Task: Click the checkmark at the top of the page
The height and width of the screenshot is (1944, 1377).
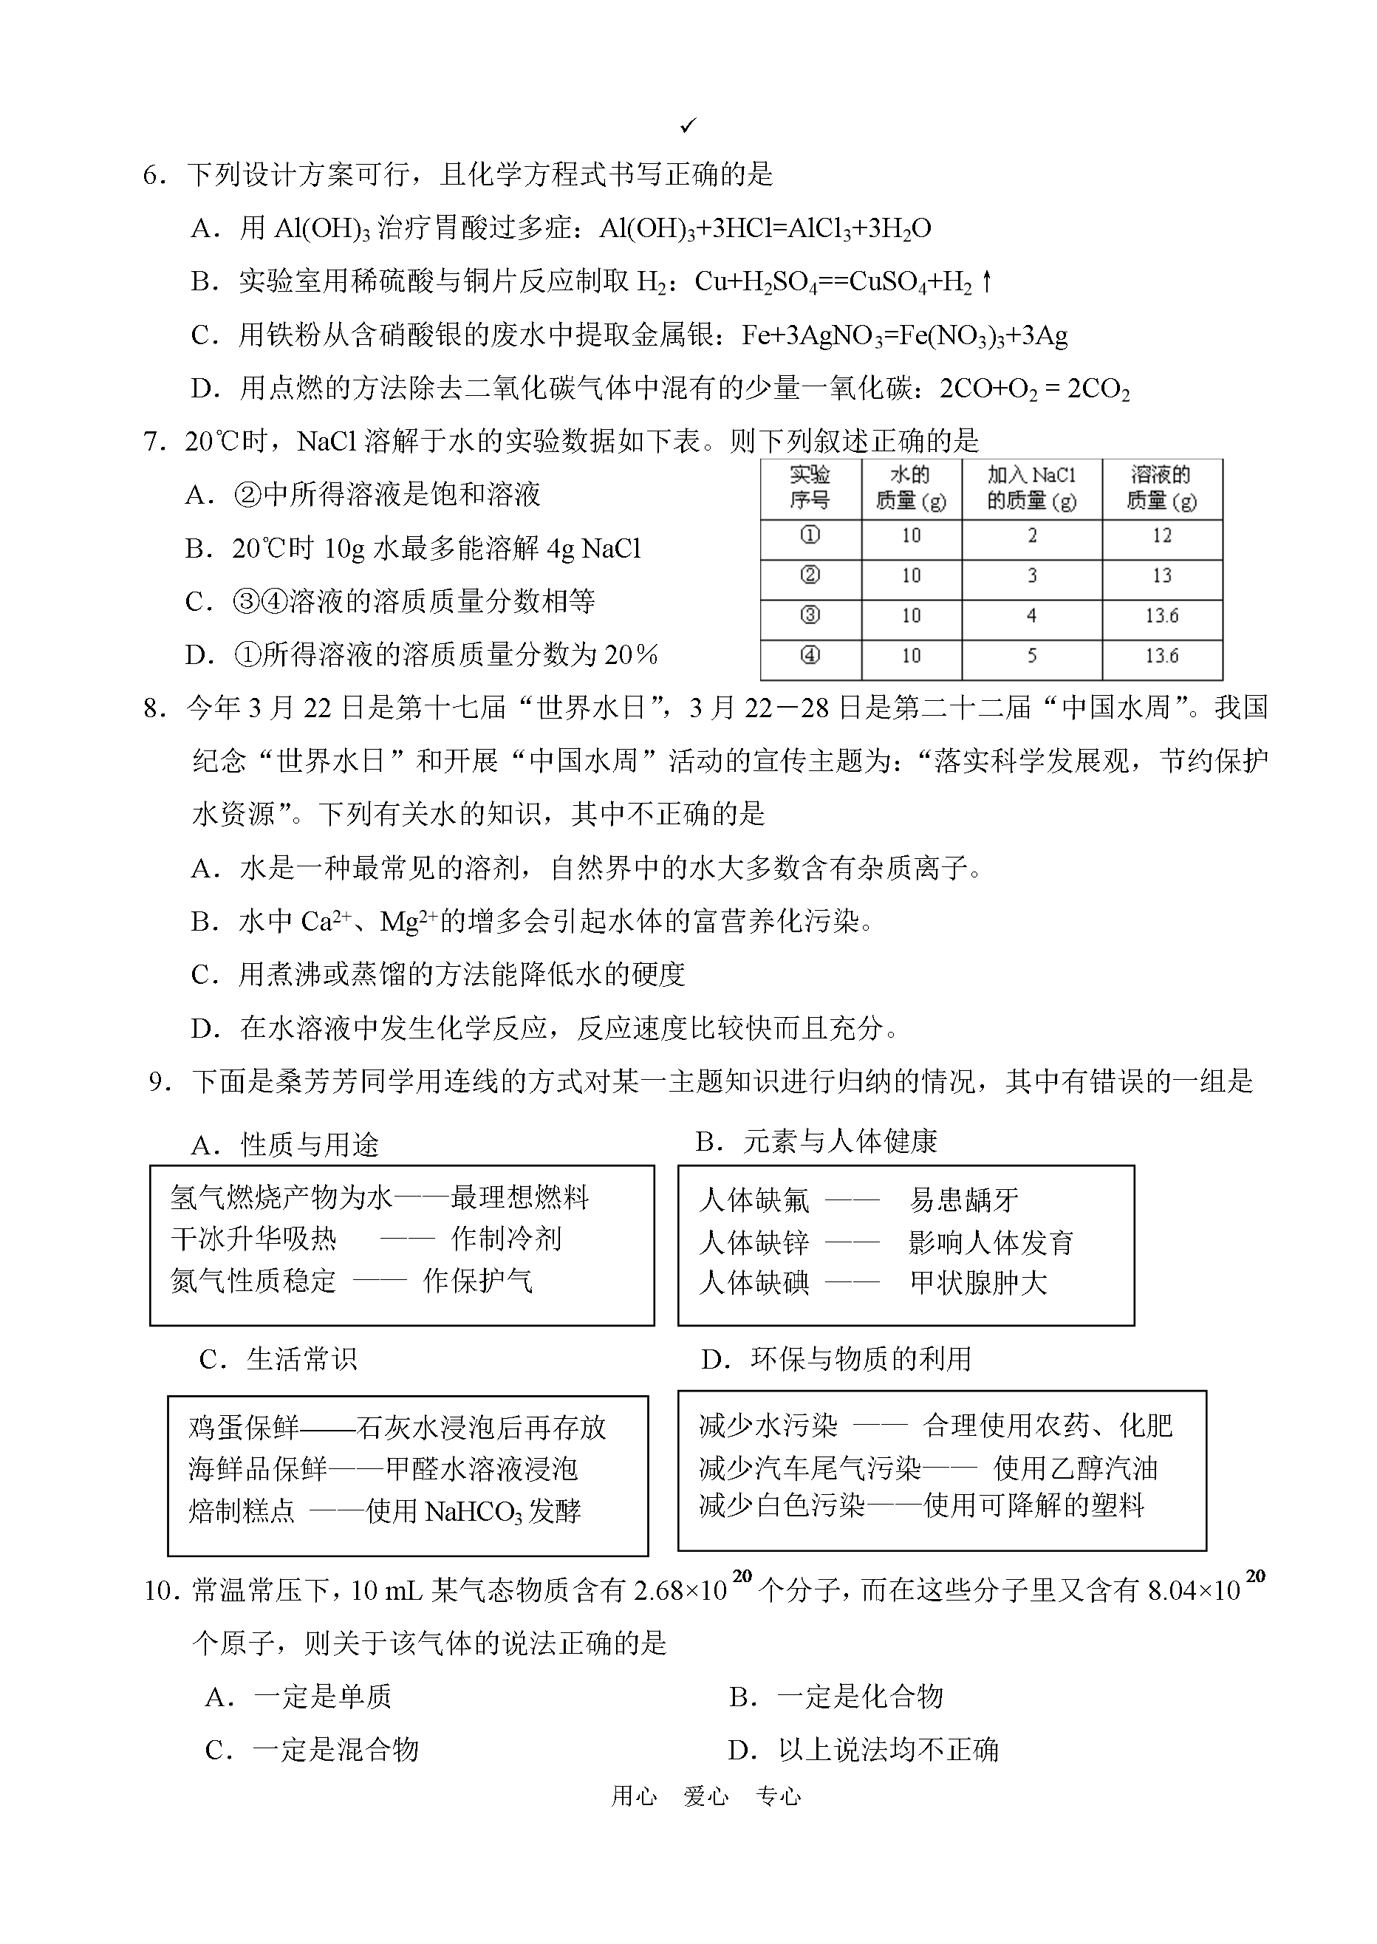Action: [688, 126]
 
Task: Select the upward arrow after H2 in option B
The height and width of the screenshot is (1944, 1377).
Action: [986, 281]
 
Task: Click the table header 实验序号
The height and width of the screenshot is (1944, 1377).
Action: [810, 487]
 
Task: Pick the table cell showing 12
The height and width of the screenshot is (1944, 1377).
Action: [1161, 535]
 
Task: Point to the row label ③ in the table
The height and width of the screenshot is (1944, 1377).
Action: [810, 615]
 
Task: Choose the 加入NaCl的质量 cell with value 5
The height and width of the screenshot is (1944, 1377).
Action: [1032, 656]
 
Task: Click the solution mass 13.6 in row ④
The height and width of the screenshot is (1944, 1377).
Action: [1161, 656]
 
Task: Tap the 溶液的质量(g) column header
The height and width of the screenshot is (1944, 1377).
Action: [1161, 487]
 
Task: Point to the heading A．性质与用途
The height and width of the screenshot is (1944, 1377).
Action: [286, 1146]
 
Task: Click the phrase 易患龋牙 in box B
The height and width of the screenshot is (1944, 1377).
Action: [964, 1199]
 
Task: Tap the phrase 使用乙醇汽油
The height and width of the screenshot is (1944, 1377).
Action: [1075, 1468]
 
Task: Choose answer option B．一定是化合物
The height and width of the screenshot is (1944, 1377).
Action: [836, 1697]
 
